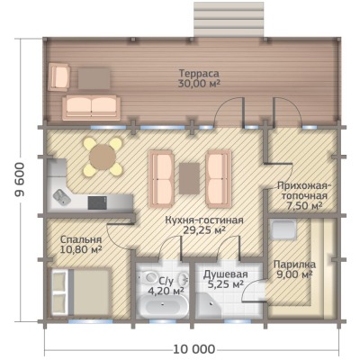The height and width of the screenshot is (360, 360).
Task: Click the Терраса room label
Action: tap(199, 73)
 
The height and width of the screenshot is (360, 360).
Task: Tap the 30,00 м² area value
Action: tap(199, 84)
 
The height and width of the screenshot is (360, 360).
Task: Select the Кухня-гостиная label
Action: tap(204, 220)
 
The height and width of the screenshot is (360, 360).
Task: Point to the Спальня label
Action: tap(81, 239)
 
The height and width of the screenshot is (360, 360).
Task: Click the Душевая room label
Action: tap(226, 274)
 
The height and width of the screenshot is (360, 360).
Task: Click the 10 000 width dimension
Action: tap(194, 349)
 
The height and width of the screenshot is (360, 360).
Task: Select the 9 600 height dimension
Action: tap(19, 180)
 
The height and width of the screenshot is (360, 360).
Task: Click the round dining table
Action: tap(103, 157)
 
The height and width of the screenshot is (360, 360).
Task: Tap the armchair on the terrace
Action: tap(59, 76)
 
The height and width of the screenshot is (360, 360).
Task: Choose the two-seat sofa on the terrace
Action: tap(91, 108)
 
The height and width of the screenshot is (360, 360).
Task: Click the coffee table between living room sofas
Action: tap(190, 178)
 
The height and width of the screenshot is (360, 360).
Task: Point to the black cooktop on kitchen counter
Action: tap(97, 203)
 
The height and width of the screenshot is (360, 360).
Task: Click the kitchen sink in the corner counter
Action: tap(62, 197)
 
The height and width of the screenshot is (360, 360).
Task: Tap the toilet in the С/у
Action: tap(149, 276)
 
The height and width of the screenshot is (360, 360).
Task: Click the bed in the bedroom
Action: tap(80, 292)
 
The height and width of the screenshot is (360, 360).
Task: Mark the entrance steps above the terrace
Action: tap(229, 20)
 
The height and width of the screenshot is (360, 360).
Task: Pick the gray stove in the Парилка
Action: tap(283, 229)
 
